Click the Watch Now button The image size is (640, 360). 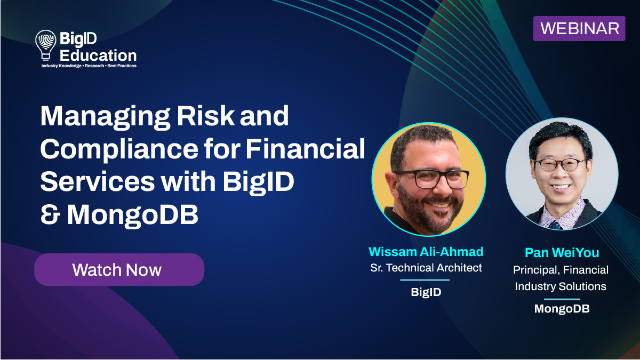119,270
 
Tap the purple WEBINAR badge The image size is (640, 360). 579,28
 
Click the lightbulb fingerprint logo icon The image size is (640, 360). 45,45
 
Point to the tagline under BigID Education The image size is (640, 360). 89,66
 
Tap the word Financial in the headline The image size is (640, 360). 305,149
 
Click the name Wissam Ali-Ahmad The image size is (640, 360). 426,252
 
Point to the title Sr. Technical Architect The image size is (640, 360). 426,268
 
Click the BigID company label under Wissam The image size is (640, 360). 426,292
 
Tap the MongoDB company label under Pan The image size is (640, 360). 562,309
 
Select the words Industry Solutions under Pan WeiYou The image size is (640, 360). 560,286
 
